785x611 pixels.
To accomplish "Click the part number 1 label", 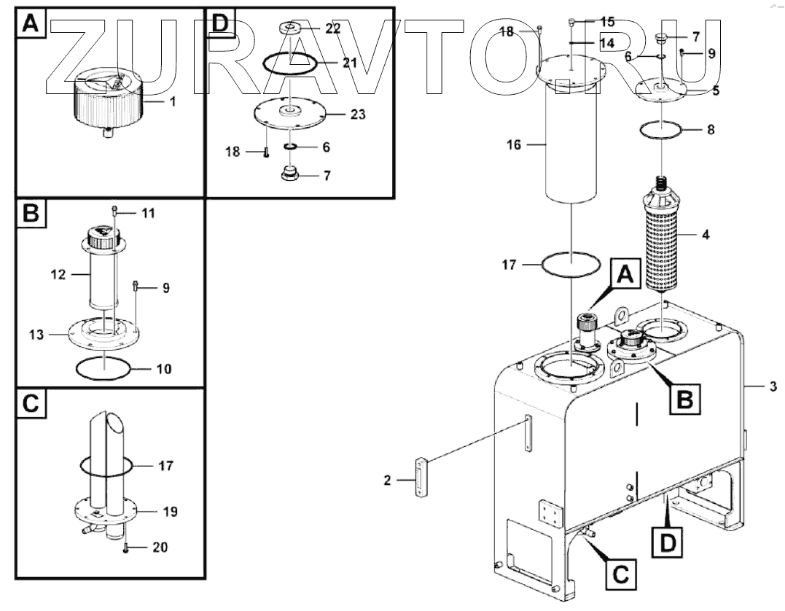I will pyautogui.click(x=173, y=102).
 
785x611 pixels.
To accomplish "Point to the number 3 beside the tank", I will pyautogui.click(x=773, y=386).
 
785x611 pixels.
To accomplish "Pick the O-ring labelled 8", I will pyautogui.click(x=662, y=130).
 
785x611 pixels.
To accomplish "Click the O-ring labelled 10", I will pyautogui.click(x=105, y=369).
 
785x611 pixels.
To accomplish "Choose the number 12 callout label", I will pyautogui.click(x=59, y=275).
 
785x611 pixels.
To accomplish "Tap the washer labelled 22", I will pyautogui.click(x=292, y=28).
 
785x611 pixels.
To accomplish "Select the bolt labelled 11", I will pyautogui.click(x=115, y=211).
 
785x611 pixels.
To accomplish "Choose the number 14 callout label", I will pyautogui.click(x=606, y=43).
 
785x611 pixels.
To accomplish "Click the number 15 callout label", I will pyautogui.click(x=607, y=22).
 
